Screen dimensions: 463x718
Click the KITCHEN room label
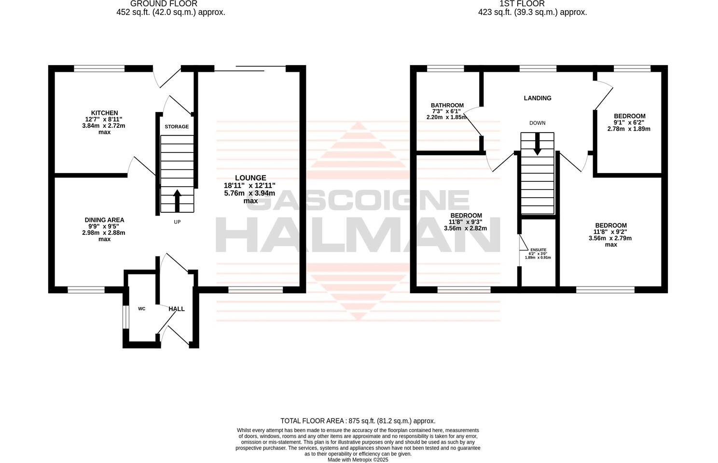point(105,113)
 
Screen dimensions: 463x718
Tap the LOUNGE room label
point(250,178)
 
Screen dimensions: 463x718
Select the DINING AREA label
point(104,220)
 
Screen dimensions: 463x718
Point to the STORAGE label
point(177,127)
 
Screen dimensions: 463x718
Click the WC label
point(142,309)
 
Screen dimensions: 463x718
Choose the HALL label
point(177,309)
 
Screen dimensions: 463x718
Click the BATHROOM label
point(447,106)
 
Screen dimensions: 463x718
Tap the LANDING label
point(538,98)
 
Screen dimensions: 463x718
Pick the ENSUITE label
point(538,249)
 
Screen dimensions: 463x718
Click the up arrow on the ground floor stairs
point(177,200)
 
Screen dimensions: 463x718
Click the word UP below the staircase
point(177,222)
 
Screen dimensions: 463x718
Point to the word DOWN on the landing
point(537,123)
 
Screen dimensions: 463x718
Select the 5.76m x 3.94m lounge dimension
point(249,193)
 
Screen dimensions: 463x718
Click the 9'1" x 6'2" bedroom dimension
point(629,123)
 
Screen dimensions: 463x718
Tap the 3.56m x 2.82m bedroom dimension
point(466,229)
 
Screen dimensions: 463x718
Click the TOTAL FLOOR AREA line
point(358,421)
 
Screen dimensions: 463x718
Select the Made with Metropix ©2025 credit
point(358,460)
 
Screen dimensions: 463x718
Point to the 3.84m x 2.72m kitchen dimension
point(105,126)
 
